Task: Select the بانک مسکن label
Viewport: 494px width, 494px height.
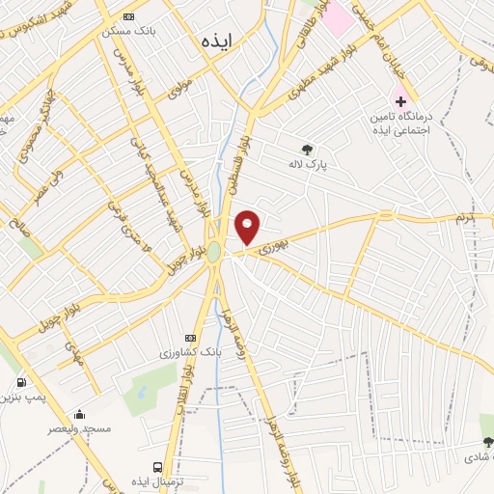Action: (x=129, y=31)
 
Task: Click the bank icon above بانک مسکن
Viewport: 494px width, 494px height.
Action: (x=129, y=17)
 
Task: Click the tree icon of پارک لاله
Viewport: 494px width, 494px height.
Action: (x=307, y=149)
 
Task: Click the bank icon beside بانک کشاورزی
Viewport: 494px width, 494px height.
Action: (x=191, y=338)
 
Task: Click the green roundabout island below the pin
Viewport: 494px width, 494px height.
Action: (x=213, y=253)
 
